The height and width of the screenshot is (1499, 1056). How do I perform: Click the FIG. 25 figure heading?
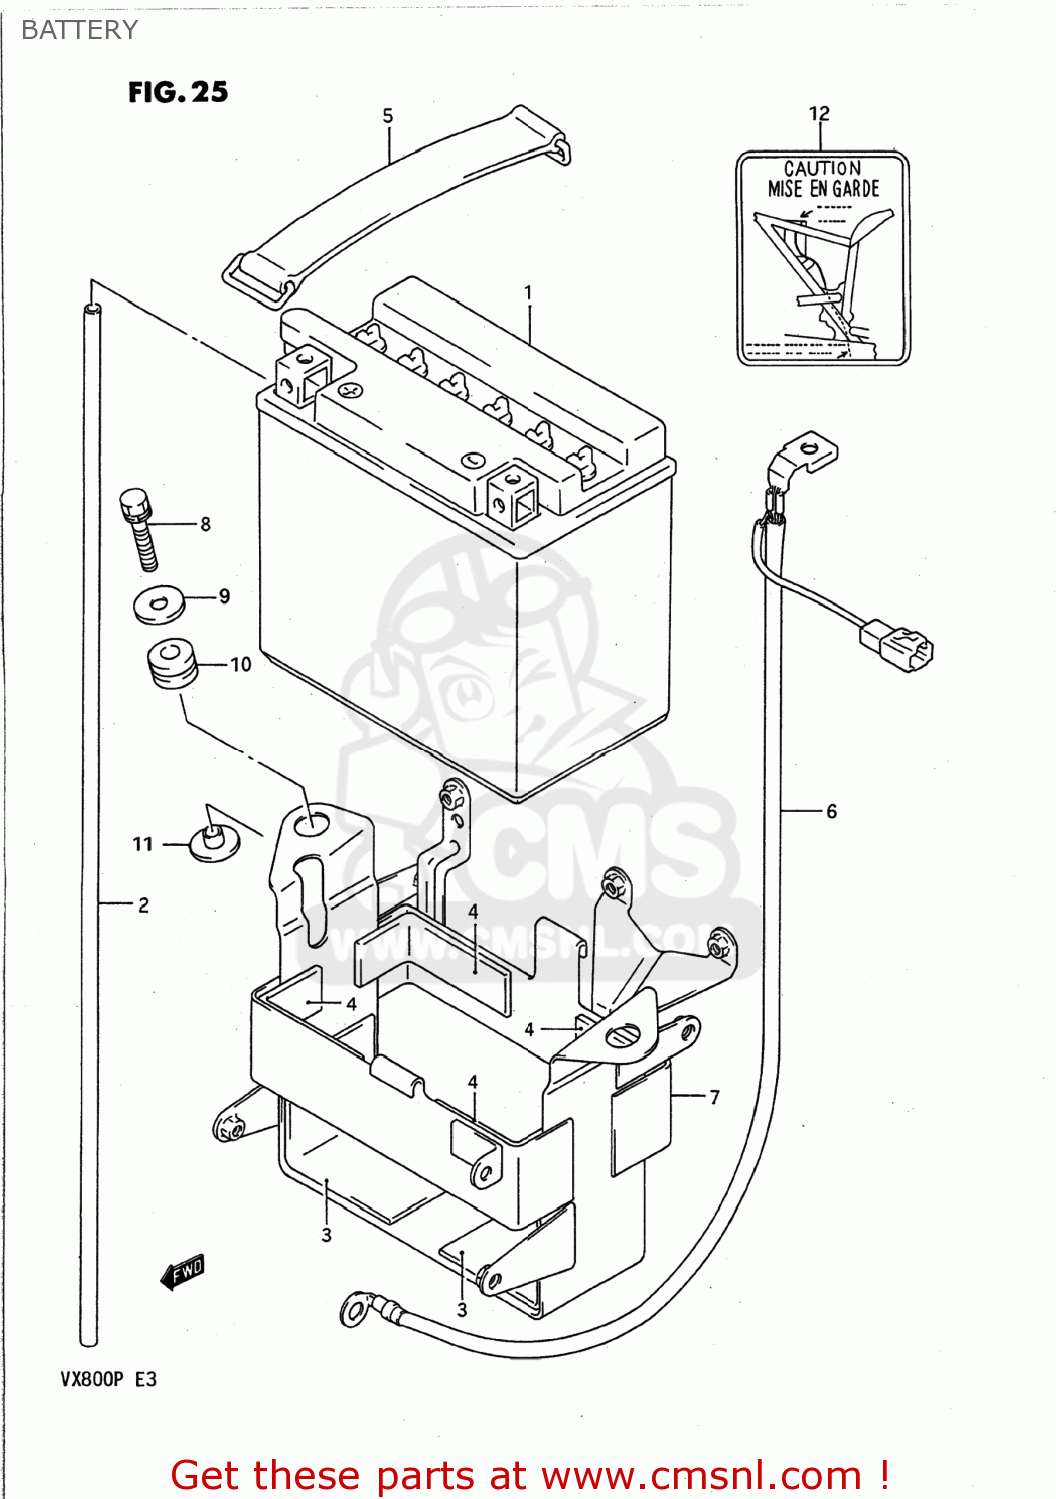[x=178, y=92]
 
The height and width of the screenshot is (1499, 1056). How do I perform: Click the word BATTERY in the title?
[x=79, y=30]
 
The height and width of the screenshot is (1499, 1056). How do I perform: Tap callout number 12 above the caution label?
[x=819, y=114]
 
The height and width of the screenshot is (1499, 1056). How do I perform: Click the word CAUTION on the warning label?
[x=822, y=168]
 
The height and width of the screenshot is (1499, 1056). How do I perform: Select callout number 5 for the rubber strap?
[x=388, y=116]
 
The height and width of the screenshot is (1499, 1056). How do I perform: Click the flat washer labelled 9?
[x=159, y=604]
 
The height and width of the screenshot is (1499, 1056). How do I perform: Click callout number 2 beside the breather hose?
[x=143, y=905]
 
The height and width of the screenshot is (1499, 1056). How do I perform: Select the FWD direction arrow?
[x=183, y=1272]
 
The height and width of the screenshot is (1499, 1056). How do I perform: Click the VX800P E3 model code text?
[x=108, y=1379]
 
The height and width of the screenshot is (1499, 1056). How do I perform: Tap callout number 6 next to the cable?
[x=831, y=812]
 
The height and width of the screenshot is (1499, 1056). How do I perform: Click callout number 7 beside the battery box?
[x=714, y=1097]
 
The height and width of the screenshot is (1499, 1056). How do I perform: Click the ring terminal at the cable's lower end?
[x=356, y=1307]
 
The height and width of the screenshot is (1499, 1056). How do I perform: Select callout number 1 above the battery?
[x=528, y=292]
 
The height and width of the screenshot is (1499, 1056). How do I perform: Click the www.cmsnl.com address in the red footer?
[x=701, y=1475]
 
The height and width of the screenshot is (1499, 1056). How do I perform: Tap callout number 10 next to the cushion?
[x=241, y=665]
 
